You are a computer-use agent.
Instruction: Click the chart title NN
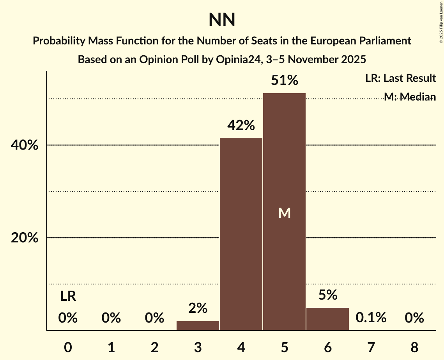(222, 19)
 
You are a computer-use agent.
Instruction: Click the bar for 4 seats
(241, 234)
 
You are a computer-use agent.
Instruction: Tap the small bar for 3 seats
(198, 326)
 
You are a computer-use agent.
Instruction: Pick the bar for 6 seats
(327, 319)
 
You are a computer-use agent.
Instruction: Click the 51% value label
(284, 81)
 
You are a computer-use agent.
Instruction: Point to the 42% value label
(241, 125)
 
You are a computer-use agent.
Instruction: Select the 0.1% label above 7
(371, 318)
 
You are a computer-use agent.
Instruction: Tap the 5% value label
(327, 295)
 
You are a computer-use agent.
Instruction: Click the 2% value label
(198, 309)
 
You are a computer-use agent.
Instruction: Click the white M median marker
(284, 213)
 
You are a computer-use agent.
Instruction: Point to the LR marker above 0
(68, 297)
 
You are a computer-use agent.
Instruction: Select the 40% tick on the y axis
(24, 145)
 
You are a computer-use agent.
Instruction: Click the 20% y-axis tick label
(24, 238)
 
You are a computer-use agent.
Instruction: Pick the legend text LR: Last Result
(400, 78)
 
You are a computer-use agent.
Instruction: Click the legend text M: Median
(409, 97)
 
